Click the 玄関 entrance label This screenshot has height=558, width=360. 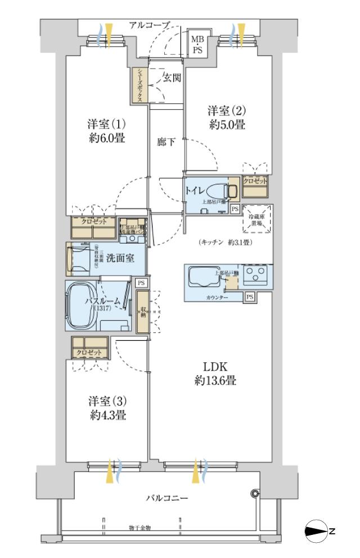[172, 78]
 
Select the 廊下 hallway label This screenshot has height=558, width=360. [166, 142]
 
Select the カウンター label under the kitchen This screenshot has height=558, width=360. [217, 296]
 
